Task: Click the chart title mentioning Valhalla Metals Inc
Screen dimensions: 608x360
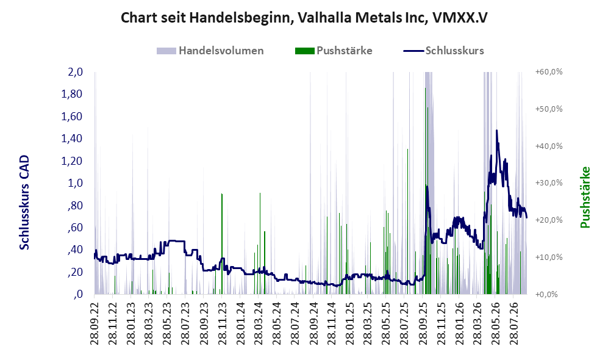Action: click(304, 18)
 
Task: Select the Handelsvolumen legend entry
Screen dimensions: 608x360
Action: click(210, 51)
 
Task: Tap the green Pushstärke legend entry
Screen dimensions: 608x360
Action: click(334, 51)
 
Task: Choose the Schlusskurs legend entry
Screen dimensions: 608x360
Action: click(443, 51)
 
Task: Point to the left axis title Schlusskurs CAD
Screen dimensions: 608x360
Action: click(24, 202)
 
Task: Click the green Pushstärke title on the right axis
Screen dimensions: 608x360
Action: click(585, 198)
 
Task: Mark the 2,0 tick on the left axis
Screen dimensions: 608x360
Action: click(76, 72)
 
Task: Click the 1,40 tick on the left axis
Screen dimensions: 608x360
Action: click(72, 139)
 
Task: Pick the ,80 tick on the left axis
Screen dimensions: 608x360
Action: click(76, 205)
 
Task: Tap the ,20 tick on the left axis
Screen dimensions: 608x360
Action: click(76, 272)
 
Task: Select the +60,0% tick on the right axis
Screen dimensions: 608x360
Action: click(549, 72)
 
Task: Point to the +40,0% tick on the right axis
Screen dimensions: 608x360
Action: click(549, 146)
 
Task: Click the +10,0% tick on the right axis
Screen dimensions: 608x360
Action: click(549, 257)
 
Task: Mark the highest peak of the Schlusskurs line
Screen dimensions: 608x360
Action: click(497, 131)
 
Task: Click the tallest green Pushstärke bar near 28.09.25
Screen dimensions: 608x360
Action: click(426, 191)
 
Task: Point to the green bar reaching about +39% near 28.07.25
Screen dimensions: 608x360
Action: click(407, 221)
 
